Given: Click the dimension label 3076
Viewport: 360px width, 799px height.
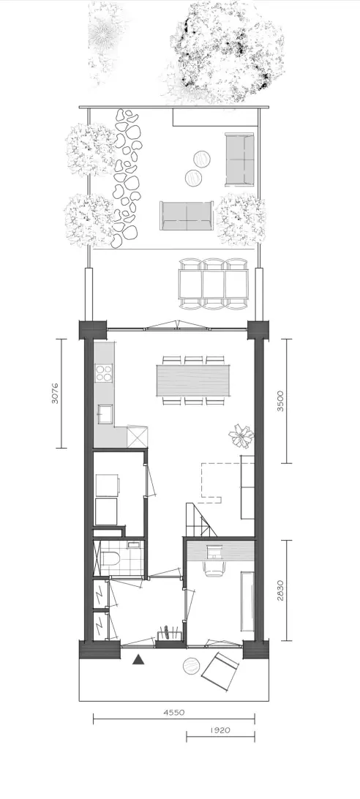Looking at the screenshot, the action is [x=55, y=394].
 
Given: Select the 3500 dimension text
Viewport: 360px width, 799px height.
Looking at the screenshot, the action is [x=280, y=401].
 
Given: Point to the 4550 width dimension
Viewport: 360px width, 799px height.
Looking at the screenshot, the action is [x=174, y=713].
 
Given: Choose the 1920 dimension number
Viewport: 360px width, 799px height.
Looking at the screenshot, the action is [x=220, y=729].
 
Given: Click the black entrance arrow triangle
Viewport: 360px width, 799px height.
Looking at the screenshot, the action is [x=137, y=660].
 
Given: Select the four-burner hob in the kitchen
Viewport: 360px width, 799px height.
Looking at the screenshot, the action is [x=104, y=372].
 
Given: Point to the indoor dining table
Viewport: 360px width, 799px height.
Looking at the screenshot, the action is [x=192, y=380].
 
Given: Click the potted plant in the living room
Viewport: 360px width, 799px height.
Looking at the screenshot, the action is [x=241, y=435].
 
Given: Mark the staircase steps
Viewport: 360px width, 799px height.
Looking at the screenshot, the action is [x=200, y=519].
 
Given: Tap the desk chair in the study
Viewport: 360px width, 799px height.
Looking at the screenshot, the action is [x=214, y=569].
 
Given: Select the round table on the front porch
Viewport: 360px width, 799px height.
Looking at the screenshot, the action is [x=192, y=666].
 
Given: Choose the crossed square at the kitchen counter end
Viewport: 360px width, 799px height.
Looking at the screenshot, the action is [x=137, y=436].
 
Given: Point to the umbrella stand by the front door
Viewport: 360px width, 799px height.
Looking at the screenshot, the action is [x=169, y=634].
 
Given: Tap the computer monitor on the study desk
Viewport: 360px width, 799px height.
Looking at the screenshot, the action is [x=214, y=549].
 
